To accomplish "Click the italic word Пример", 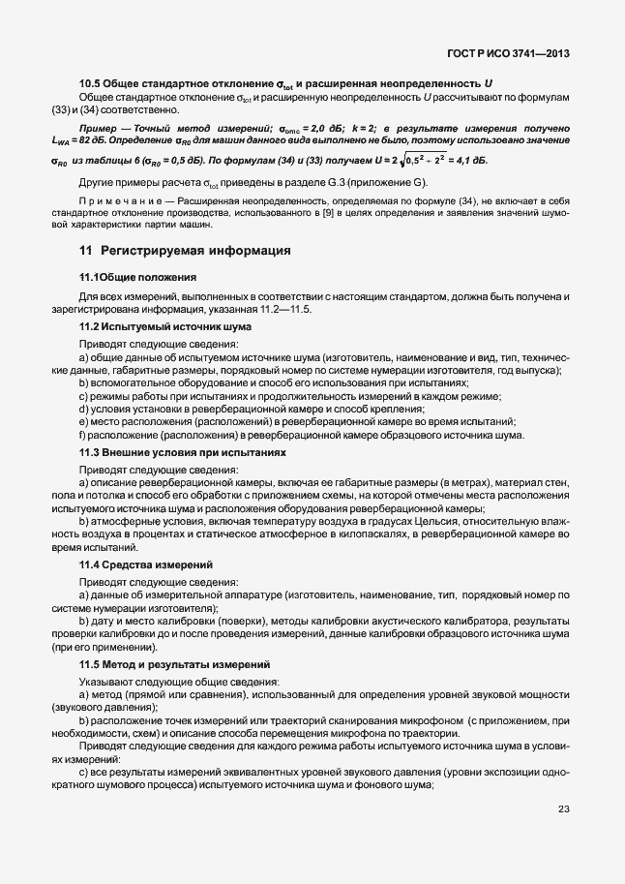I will pyautogui.click(x=100, y=128).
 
